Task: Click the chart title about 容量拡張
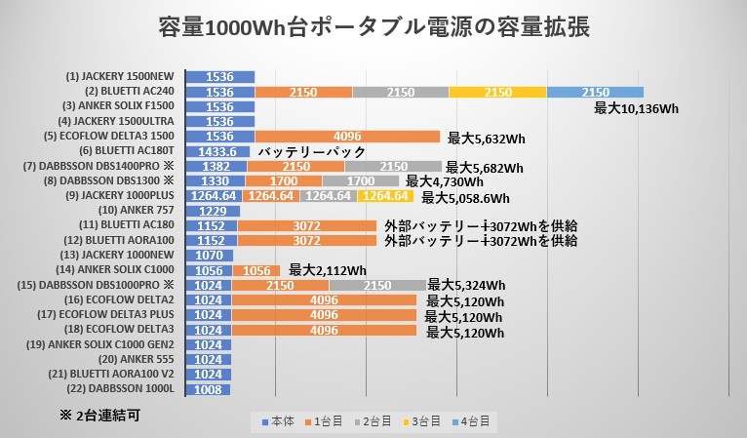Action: pyautogui.click(x=373, y=26)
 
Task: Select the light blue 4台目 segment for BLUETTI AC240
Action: pyautogui.click(x=595, y=92)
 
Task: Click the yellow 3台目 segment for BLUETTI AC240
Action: pyautogui.click(x=497, y=92)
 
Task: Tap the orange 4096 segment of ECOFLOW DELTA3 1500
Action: pyautogui.click(x=347, y=137)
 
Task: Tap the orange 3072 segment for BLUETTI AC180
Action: pyautogui.click(x=306, y=225)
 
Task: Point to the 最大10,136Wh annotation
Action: pyautogui.click(x=636, y=108)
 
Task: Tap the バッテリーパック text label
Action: pyautogui.click(x=311, y=152)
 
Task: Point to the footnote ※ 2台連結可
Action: pyautogui.click(x=99, y=415)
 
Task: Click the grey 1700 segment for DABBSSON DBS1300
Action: pyautogui.click(x=360, y=181)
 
